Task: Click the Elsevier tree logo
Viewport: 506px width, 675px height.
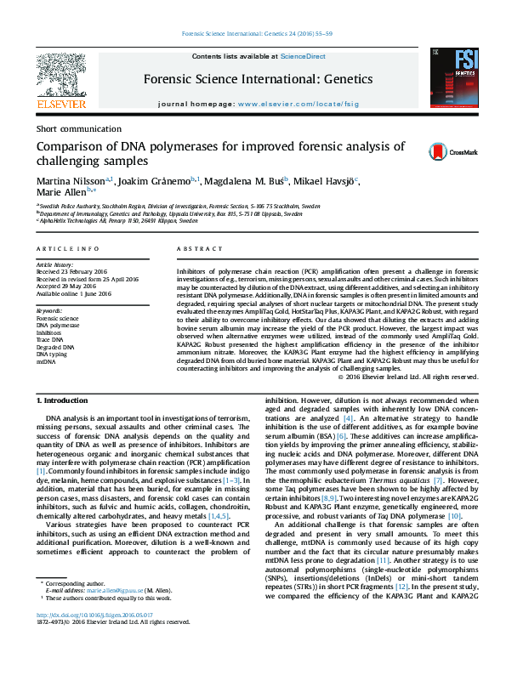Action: coord(60,77)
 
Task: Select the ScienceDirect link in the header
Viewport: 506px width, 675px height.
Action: coord(304,56)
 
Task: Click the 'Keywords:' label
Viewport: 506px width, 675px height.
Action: coord(49,311)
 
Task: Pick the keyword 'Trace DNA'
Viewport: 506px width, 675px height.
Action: coord(51,340)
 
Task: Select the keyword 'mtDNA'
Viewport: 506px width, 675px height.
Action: coord(45,361)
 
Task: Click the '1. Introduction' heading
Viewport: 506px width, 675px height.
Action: coord(65,399)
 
